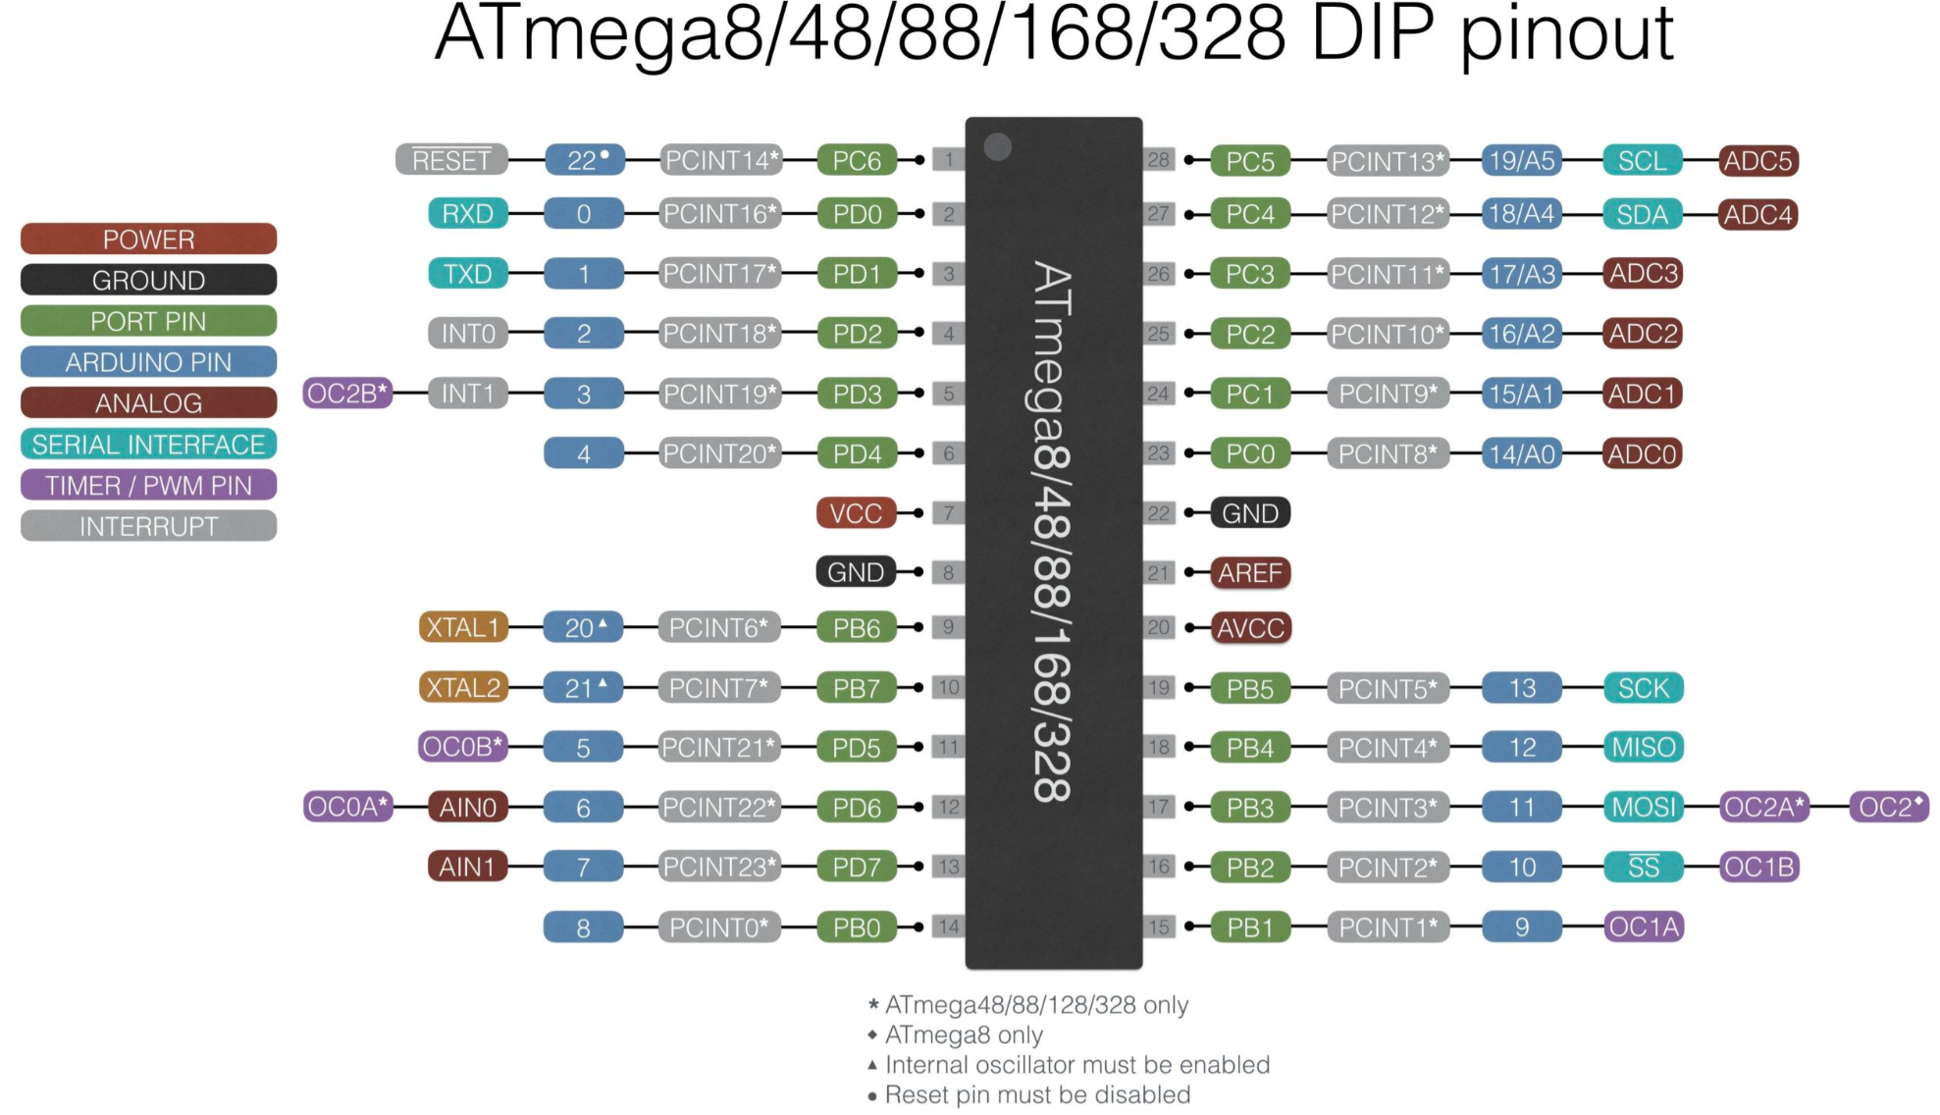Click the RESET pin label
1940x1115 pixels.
pyautogui.click(x=451, y=160)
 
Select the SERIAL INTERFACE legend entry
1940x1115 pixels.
pyautogui.click(x=148, y=445)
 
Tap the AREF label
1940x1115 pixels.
pyautogui.click(x=1250, y=573)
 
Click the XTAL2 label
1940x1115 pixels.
pyautogui.click(x=463, y=688)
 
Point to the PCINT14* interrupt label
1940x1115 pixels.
pyautogui.click(x=720, y=160)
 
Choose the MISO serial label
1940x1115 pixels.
pyautogui.click(x=1643, y=748)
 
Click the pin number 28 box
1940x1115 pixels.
pyautogui.click(x=1159, y=159)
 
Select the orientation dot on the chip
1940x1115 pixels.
pyautogui.click(x=998, y=147)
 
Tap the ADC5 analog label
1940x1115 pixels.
pyautogui.click(x=1757, y=161)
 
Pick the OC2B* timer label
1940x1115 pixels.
pyautogui.click(x=347, y=394)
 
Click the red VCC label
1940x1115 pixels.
pyautogui.click(x=856, y=513)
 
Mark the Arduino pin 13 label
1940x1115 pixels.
pyautogui.click(x=1522, y=689)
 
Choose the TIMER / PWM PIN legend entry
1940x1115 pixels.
pyautogui.click(x=148, y=486)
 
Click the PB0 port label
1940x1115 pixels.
pyautogui.click(x=857, y=928)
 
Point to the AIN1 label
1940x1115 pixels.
pyautogui.click(x=467, y=868)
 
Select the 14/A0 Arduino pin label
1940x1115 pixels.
pyautogui.click(x=1522, y=454)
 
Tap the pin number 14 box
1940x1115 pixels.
pyautogui.click(x=948, y=927)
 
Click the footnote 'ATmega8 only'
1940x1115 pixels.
pyautogui.click(x=963, y=1035)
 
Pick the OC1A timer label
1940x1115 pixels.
pyautogui.click(x=1644, y=928)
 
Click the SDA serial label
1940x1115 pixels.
pyautogui.click(x=1642, y=215)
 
